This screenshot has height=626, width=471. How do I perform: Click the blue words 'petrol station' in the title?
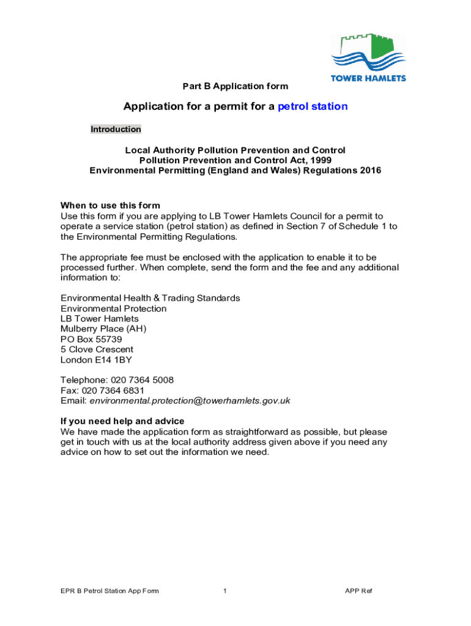pos(313,106)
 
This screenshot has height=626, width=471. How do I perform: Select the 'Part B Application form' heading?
pos(236,86)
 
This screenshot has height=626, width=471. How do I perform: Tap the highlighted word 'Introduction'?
pos(116,129)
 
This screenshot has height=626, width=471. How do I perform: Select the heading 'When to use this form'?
pos(110,205)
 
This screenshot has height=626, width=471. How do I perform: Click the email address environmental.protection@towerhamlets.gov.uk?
pos(190,401)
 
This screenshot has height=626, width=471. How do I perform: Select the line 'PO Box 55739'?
pos(91,339)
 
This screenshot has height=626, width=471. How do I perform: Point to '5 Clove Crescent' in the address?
pos(97,350)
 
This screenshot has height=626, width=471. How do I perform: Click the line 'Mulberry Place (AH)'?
pos(103,329)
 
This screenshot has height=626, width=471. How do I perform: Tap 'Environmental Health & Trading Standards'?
pos(150,298)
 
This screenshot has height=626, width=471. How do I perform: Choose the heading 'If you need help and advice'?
pos(122,421)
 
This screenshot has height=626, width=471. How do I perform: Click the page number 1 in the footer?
pos(225,591)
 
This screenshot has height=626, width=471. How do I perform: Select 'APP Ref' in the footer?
pos(358,591)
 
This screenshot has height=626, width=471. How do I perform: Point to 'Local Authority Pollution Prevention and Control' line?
pos(236,150)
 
